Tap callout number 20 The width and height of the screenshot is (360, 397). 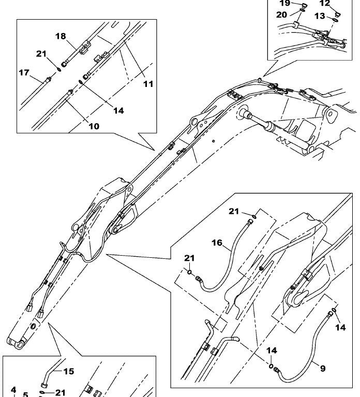tap(281, 14)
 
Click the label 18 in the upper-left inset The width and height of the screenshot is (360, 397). tap(61, 36)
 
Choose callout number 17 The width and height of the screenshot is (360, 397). tap(24, 73)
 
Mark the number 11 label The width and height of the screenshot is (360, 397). tap(148, 83)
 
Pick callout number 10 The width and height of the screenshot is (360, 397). tap(93, 125)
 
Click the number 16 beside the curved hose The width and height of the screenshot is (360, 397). tap(216, 242)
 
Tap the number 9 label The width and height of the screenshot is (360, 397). tap(322, 369)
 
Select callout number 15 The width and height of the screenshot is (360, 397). tap(69, 371)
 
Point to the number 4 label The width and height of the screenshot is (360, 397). tap(13, 390)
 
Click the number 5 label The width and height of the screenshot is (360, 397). tap(25, 394)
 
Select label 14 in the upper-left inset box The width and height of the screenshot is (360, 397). tap(118, 110)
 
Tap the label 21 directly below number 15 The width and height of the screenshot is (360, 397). tap(60, 392)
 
